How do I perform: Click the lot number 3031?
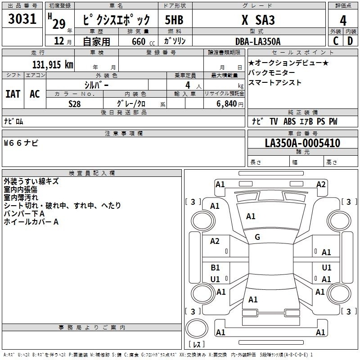[22, 19]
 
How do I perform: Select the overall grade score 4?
[343, 21]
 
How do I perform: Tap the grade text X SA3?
[258, 20]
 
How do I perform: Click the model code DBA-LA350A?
[258, 41]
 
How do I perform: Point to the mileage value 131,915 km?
[53, 65]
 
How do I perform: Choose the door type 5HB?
[174, 20]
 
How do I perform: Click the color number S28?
[75, 104]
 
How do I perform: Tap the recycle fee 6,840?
[226, 104]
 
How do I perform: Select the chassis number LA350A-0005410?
[302, 143]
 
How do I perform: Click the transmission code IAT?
[13, 94]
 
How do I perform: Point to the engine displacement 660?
[139, 41]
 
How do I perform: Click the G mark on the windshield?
[257, 237]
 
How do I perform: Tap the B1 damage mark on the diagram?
[215, 267]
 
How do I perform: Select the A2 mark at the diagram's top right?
[321, 184]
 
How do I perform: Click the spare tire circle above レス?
[197, 328]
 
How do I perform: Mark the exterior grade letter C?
[336, 41]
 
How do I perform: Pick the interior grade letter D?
[350, 41]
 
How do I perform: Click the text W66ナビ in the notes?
[21, 143]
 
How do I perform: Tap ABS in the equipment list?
[289, 121]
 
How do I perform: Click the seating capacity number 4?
[188, 85]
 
